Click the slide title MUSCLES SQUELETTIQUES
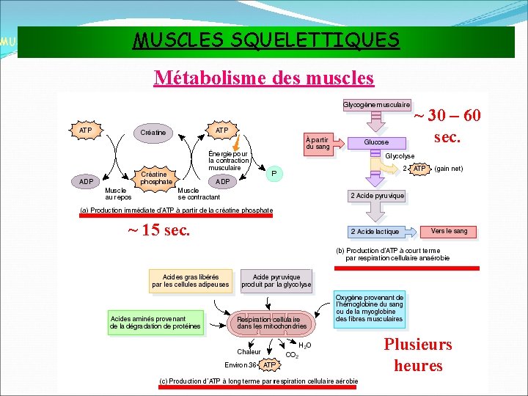[266, 40]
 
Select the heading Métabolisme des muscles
[263, 77]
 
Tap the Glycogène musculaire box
[377, 105]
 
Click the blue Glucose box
[376, 142]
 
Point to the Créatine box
[153, 133]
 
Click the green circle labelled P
[274, 174]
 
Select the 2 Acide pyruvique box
[377, 196]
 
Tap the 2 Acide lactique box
[375, 231]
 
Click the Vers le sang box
[450, 231]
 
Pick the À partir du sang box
[318, 142]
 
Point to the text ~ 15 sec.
[158, 230]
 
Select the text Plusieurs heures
[418, 355]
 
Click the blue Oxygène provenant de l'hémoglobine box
[370, 309]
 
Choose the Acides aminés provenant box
[155, 323]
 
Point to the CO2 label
[290, 355]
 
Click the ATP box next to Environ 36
[270, 364]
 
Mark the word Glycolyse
[400, 156]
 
